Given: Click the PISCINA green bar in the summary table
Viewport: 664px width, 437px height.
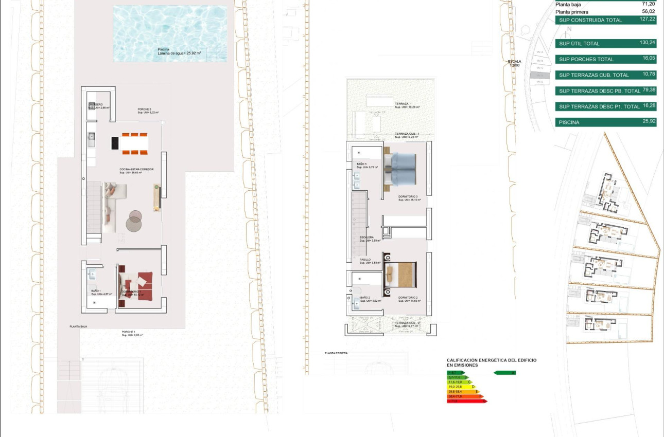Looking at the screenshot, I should click(x=605, y=123).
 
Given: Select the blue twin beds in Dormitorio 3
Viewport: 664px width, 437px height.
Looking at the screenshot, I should click(x=407, y=168).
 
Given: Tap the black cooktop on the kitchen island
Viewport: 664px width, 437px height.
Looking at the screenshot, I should click(x=115, y=142).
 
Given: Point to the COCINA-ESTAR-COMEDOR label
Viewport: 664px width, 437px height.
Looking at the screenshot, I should click(x=136, y=170).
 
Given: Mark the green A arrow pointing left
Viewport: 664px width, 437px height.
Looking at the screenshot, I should click(x=504, y=373).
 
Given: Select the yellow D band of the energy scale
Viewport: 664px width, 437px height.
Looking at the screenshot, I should click(x=460, y=387).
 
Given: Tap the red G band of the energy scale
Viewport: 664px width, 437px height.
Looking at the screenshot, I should click(x=466, y=401).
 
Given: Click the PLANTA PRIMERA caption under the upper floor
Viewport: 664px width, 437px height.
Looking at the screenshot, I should click(x=336, y=353).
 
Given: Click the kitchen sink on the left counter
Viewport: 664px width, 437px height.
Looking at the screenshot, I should click(x=91, y=136).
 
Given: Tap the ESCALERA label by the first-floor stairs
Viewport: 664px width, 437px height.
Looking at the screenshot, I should click(x=366, y=238).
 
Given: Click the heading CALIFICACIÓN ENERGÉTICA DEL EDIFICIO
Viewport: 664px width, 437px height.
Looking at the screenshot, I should click(x=491, y=360).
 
